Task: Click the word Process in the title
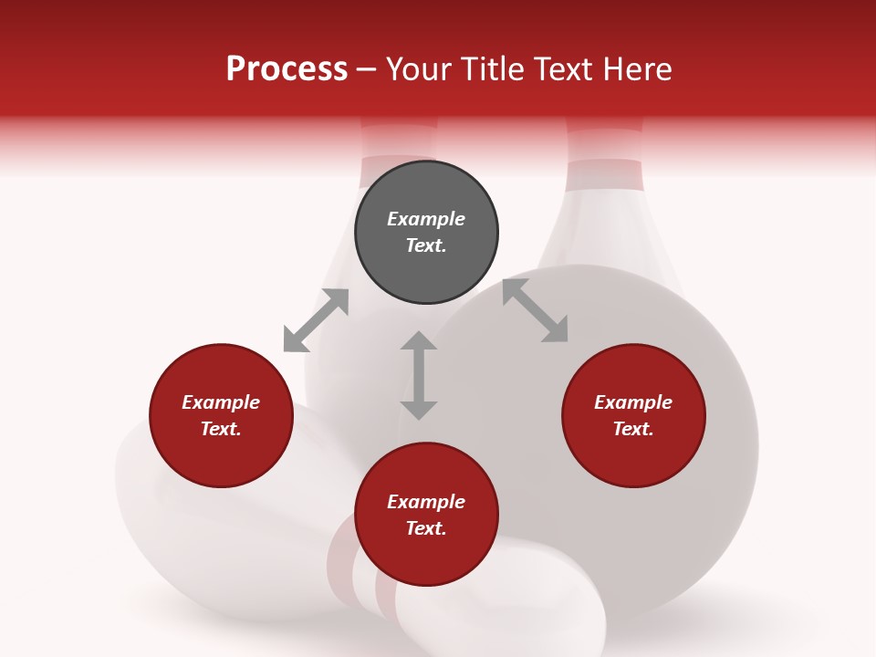(x=287, y=69)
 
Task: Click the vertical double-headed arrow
(x=419, y=375)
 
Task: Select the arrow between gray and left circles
(x=316, y=320)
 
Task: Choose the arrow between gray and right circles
(x=535, y=310)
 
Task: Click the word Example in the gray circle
(x=426, y=219)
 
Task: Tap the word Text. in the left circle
(x=221, y=429)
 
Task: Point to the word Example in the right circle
(x=633, y=402)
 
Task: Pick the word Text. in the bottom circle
(x=426, y=528)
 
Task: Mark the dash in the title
(x=366, y=69)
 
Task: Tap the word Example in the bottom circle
(x=426, y=502)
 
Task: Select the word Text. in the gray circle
(x=426, y=245)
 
